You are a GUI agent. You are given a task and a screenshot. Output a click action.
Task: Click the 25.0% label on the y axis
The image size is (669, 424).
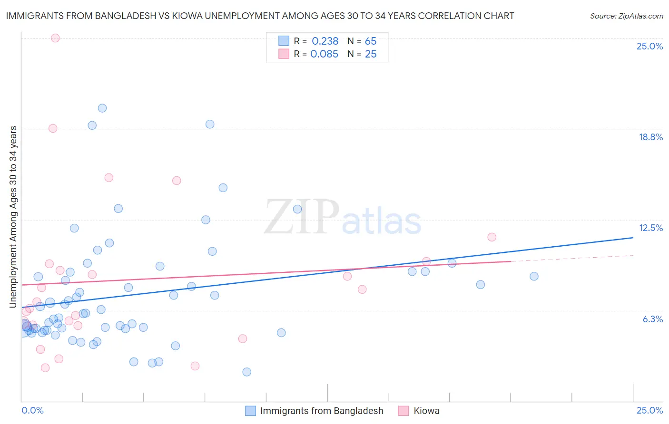649,46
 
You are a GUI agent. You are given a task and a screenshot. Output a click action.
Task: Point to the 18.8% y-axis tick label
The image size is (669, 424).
650,137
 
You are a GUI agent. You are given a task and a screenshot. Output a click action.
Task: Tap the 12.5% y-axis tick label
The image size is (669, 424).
650,228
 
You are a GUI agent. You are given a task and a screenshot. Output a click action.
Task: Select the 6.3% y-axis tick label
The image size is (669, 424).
652,319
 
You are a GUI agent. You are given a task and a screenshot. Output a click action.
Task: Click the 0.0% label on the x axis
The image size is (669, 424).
32,410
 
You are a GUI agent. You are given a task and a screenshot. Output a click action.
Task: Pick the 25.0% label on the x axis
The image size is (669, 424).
649,410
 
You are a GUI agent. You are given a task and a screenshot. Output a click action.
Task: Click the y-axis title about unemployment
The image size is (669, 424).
13,217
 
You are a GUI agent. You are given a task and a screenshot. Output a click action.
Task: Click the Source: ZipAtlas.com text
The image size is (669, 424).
626,16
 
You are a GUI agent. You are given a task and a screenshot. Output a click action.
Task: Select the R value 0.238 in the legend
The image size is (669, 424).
325,41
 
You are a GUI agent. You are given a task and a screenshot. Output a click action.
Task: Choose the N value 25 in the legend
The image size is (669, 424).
371,54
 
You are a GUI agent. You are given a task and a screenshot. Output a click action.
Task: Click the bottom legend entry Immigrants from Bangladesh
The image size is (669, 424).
322,411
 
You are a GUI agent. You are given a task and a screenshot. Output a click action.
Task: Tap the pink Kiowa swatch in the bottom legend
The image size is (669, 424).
403,411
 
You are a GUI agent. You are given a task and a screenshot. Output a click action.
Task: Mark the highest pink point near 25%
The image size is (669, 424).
55,38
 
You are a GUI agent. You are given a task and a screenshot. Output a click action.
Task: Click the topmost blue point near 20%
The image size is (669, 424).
102,108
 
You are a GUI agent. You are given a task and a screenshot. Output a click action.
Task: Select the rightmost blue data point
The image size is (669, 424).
534,276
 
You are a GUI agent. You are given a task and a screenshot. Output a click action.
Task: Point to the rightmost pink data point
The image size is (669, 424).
492,237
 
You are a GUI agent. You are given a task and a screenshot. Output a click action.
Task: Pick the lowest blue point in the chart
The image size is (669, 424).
246,372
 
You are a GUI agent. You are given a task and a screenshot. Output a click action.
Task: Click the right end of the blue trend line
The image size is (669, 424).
633,237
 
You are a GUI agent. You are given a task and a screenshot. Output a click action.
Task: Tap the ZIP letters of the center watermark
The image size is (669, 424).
302,217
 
